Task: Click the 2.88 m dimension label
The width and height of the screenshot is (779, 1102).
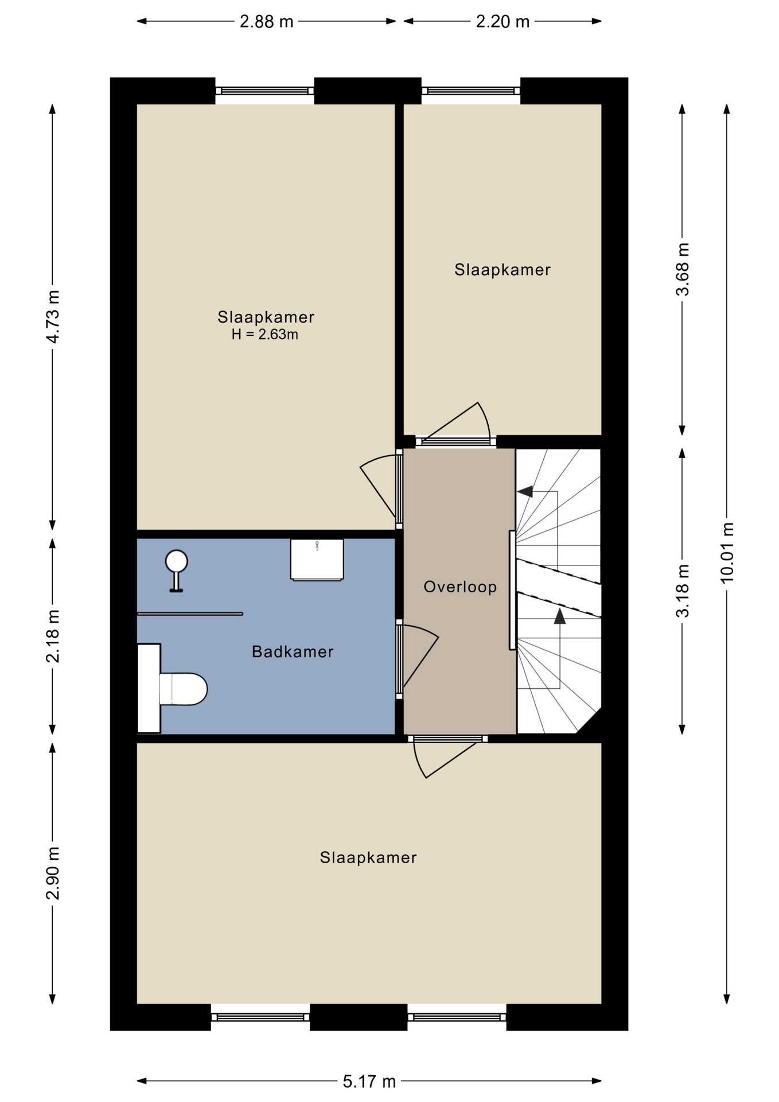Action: tap(266, 22)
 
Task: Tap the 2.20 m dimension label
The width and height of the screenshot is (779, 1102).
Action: tap(503, 22)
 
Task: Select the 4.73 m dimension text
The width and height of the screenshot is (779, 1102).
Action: tap(53, 317)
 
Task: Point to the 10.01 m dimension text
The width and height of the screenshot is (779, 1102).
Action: tap(727, 552)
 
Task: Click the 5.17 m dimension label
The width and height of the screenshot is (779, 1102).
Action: tap(369, 1081)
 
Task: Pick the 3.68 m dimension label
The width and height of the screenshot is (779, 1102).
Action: tap(683, 269)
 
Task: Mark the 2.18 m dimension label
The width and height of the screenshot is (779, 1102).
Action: tap(53, 637)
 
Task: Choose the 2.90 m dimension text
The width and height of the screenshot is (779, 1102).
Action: tap(53, 874)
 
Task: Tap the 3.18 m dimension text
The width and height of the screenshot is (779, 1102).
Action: tap(683, 591)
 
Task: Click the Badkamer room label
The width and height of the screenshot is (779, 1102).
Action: tap(293, 651)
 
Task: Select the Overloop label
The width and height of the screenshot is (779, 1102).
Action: tap(460, 587)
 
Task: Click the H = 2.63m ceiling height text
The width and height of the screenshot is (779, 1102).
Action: tap(265, 335)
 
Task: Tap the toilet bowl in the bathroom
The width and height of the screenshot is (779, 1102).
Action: tap(182, 689)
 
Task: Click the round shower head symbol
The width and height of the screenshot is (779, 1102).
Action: tap(177, 561)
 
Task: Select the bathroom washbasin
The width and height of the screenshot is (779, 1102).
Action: tap(317, 560)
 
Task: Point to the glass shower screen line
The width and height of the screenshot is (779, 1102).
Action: tap(190, 614)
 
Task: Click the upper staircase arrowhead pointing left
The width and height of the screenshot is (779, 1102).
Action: tap(525, 492)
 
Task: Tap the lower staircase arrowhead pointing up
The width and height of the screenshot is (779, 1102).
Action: tap(560, 616)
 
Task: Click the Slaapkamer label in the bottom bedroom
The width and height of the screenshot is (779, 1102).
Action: tap(368, 857)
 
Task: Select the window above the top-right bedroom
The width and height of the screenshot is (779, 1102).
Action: tap(471, 91)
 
